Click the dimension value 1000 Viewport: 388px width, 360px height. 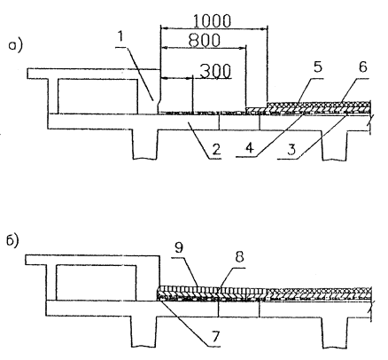tap(212, 20)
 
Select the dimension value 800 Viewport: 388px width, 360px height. tap(205, 41)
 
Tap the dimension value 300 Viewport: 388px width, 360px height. tap(215, 71)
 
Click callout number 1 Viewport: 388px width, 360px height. tap(120, 37)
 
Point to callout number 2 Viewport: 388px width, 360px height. tap(216, 150)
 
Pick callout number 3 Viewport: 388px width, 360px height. tap(291, 150)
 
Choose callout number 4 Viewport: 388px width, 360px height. tap(250, 148)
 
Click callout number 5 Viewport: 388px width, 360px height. tap(317, 67)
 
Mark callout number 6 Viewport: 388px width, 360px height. tap(363, 67)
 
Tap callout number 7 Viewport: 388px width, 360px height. tap(215, 336)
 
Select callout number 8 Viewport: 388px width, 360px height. tap(239, 257)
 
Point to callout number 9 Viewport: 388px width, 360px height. tap(179, 247)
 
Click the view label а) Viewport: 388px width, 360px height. tap(15, 46)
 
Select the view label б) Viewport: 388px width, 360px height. tap(13, 241)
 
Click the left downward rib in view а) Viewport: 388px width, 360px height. tap(145, 145)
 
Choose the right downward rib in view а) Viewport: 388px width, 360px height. tap(335, 145)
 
